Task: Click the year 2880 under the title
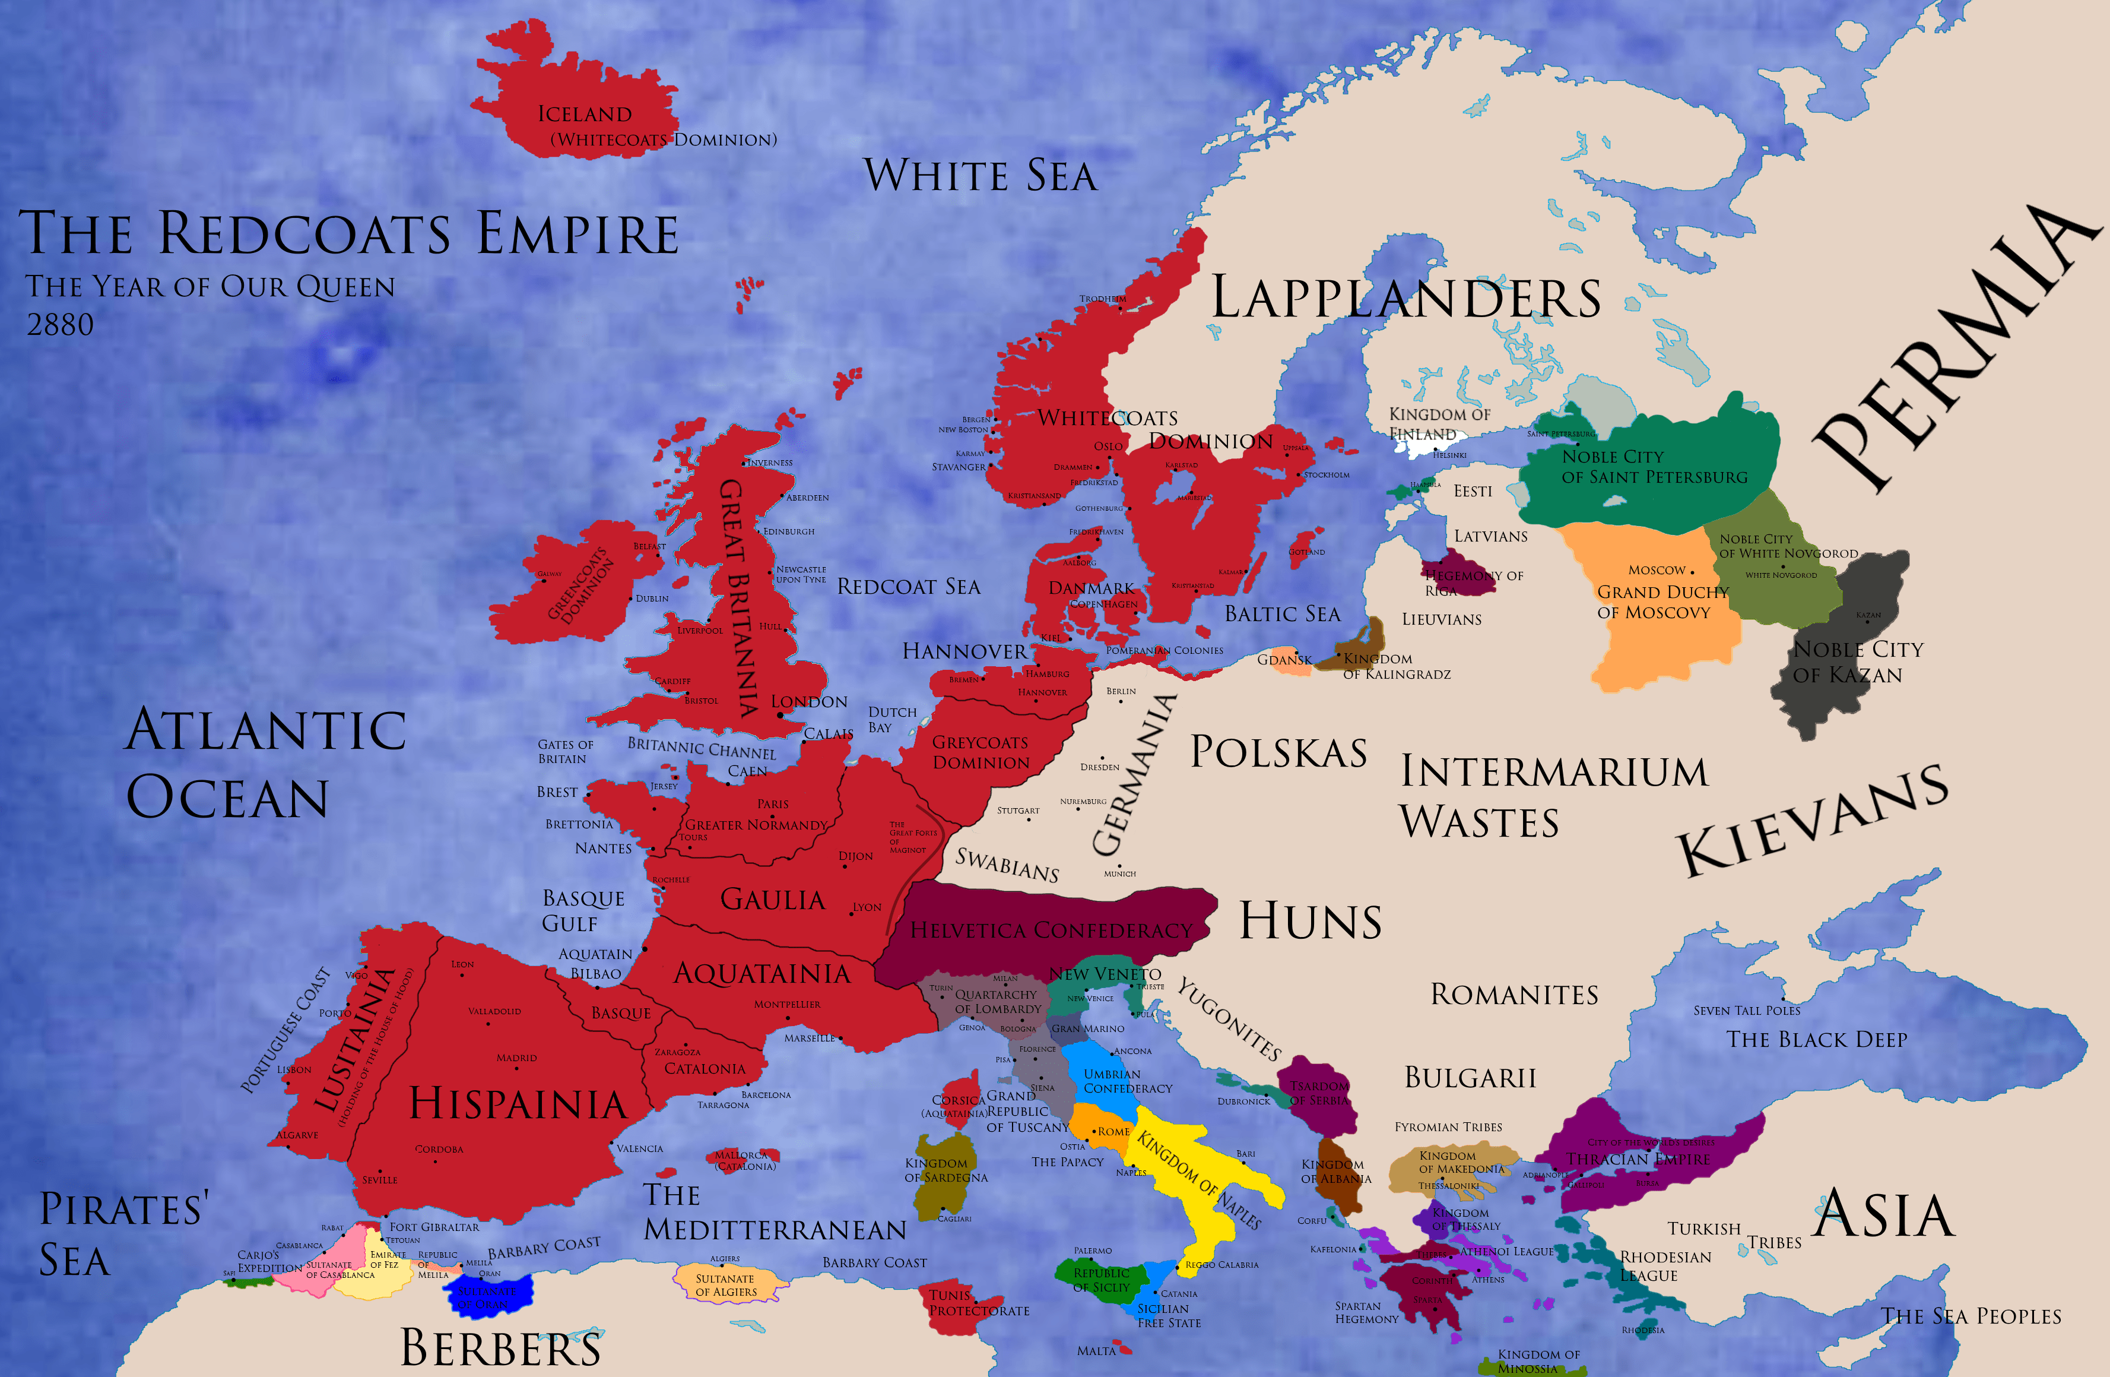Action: click(59, 325)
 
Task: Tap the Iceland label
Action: click(584, 115)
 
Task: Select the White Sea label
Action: click(981, 176)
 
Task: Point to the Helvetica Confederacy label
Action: click(1052, 930)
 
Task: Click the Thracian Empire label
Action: click(1638, 1159)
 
